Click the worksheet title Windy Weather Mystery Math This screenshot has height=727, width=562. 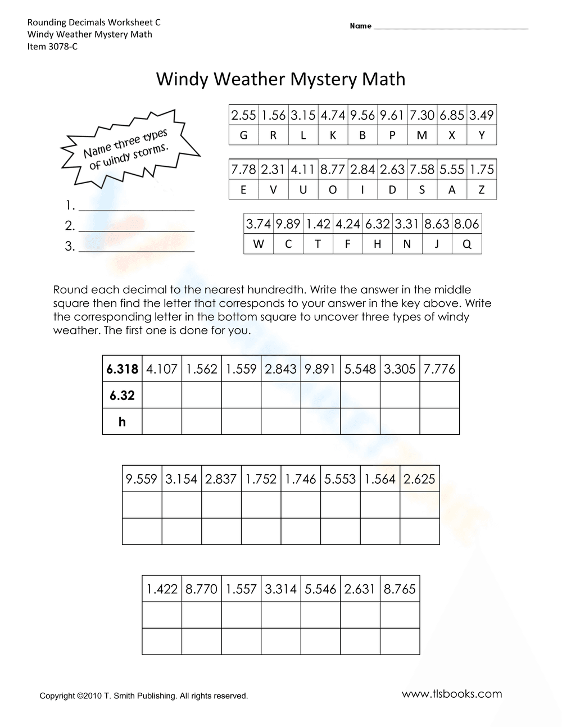click(280, 79)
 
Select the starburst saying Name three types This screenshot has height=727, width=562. click(128, 149)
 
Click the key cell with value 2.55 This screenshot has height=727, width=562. click(243, 115)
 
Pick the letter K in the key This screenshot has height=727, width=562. click(333, 135)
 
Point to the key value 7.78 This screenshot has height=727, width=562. click(243, 170)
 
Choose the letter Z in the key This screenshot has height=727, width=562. click(482, 190)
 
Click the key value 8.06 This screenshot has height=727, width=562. click(466, 224)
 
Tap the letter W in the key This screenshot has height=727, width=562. click(259, 244)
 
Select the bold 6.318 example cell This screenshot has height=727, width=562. click(122, 369)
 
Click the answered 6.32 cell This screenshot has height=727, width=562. click(122, 396)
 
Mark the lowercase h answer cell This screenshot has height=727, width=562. click(122, 421)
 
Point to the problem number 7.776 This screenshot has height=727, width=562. click(439, 369)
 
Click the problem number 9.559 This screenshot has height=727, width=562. click(142, 479)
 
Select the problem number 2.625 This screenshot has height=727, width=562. click(419, 479)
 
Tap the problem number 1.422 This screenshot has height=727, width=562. click(162, 589)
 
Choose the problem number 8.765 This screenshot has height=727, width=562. click(400, 589)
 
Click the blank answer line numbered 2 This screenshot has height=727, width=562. click(137, 226)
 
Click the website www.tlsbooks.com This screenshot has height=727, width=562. click(452, 694)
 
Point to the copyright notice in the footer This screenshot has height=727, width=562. click(143, 696)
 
